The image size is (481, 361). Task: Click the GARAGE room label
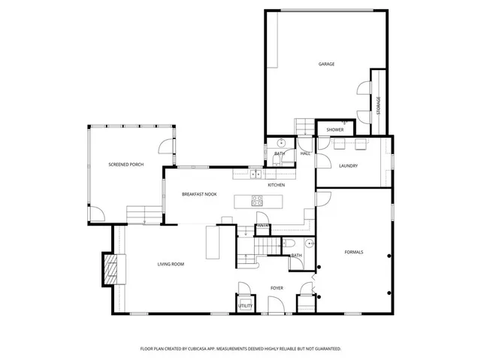tap(326, 64)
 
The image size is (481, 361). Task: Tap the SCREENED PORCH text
tap(126, 164)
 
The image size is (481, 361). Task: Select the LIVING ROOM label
tap(171, 264)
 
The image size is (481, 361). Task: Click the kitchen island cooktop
tap(257, 201)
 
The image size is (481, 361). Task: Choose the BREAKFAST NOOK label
tap(199, 194)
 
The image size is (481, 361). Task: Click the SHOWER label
tap(335, 129)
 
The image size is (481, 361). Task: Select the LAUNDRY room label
tap(348, 165)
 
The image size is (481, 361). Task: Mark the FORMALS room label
tap(353, 252)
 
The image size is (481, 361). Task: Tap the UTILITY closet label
tap(246, 306)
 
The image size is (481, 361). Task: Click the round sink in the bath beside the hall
tap(280, 142)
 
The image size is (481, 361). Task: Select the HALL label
tap(305, 153)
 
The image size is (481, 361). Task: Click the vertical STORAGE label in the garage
tap(379, 105)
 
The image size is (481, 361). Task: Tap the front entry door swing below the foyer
tap(275, 305)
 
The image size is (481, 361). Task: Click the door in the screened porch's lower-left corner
tap(96, 214)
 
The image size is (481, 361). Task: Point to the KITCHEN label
tap(277, 184)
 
